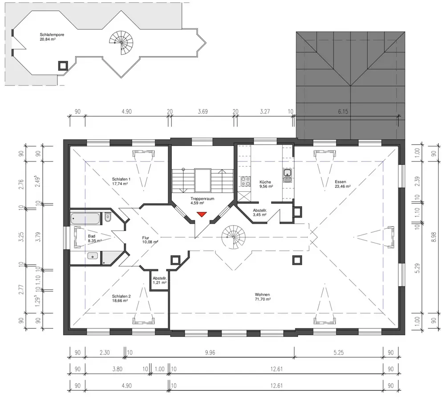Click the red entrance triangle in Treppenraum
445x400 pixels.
pos(202,214)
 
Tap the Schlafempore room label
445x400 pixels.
pos(52,37)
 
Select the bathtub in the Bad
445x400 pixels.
pos(85,219)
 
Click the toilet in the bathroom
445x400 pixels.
pos(108,218)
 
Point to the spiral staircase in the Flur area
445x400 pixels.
pos(234,237)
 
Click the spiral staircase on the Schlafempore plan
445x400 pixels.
pos(121,42)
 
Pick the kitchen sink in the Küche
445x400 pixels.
pos(287,176)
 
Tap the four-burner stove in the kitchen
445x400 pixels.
pos(246,181)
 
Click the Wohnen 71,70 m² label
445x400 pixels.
pos(263,297)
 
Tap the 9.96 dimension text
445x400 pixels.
pos(210,352)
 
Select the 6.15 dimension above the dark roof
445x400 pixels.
pos(343,112)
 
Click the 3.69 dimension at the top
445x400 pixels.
pos(202,112)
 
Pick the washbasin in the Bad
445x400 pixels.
pos(93,255)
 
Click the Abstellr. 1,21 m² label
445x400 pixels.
pos(159,281)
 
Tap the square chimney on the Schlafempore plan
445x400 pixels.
pos(63,66)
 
